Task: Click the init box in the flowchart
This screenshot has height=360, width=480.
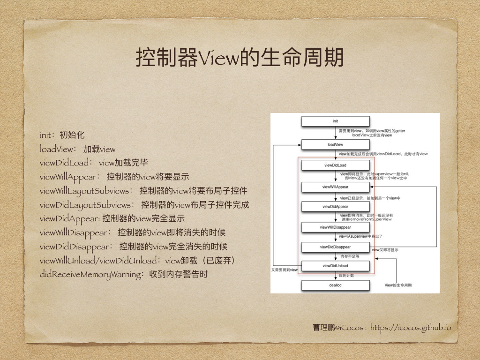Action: click(x=335, y=121)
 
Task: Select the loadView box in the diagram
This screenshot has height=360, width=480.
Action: click(x=335, y=144)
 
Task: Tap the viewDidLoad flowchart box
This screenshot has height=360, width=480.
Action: click(x=335, y=165)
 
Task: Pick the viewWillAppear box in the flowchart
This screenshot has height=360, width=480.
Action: click(x=335, y=187)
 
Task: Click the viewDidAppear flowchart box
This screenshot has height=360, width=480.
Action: click(x=335, y=206)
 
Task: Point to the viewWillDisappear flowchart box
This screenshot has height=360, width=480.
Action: click(x=335, y=227)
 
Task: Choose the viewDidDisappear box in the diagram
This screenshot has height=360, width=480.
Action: click(x=335, y=247)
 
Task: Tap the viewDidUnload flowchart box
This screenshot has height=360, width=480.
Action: click(x=335, y=266)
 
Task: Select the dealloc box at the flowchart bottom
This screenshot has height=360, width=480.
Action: click(x=335, y=285)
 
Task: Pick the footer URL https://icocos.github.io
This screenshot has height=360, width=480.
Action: click(x=411, y=328)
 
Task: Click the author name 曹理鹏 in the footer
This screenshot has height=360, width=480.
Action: click(x=324, y=328)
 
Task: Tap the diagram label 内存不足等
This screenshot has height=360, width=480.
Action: click(x=350, y=256)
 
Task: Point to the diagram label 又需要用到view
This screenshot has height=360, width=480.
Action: click(x=285, y=270)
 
